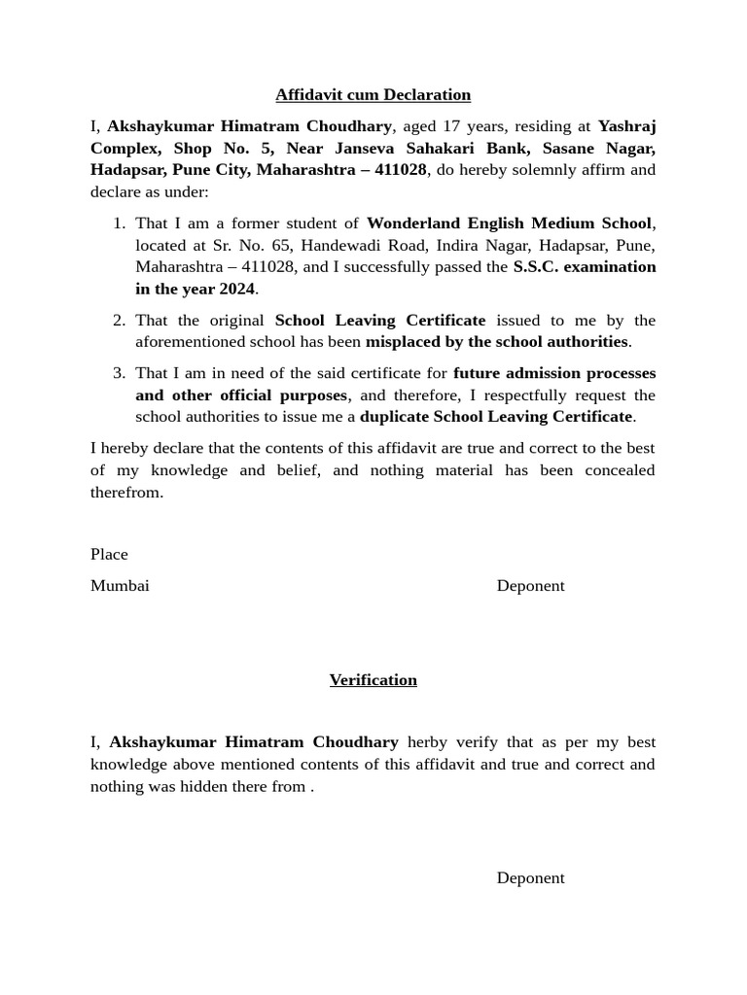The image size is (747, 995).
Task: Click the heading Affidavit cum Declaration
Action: coord(373,94)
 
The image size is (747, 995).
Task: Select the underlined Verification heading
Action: coord(373,679)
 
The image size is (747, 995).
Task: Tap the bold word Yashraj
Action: coord(626,126)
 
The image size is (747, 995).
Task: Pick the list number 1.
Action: coord(119,223)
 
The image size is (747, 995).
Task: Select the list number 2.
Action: coord(119,321)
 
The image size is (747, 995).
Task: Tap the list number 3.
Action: coord(119,373)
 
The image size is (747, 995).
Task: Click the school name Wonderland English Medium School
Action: coord(509,223)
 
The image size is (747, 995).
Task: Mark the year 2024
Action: coord(236,289)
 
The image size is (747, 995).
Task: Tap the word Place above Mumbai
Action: coord(109,554)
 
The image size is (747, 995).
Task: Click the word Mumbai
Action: coord(120,585)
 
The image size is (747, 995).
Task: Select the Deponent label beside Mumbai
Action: coord(530,585)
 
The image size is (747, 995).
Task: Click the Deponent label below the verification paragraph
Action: coord(530,877)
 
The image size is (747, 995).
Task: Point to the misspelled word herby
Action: coord(427,742)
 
